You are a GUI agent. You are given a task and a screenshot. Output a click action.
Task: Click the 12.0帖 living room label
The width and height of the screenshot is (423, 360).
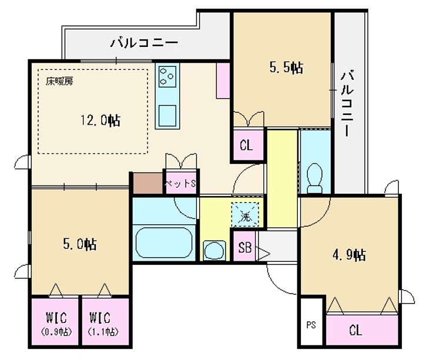point(100,120)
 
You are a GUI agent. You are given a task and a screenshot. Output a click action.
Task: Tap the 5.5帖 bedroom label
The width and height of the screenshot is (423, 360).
point(286,68)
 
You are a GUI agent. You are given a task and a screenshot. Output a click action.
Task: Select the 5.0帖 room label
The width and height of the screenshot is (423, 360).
point(80,244)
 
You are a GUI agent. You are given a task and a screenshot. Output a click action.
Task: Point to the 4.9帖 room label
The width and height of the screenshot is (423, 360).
point(349,254)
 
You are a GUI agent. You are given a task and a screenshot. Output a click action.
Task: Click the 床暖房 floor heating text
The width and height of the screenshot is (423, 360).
point(59,81)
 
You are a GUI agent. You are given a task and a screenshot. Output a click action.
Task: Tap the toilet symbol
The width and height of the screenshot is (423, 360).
point(315,178)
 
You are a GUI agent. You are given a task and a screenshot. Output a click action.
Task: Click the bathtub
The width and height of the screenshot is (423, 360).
point(164,243)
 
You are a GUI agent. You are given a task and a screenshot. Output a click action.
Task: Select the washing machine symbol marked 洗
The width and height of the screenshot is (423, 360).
point(245,214)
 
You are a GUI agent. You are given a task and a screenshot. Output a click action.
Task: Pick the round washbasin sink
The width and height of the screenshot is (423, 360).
point(214,251)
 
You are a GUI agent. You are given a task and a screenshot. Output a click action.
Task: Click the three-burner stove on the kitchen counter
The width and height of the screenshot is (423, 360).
point(167,76)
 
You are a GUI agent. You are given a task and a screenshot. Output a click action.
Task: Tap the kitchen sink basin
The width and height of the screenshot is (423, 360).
point(167,116)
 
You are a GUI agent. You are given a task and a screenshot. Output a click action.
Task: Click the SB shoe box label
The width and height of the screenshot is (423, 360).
point(244,247)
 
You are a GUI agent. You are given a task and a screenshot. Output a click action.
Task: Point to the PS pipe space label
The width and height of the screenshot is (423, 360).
point(311,325)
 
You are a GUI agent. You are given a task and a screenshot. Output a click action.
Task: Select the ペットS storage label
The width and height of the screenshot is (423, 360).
point(180,184)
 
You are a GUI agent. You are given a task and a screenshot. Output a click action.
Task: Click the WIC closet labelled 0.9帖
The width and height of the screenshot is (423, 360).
point(56,323)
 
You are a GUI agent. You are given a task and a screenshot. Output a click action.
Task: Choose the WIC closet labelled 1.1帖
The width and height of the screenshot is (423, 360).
point(103,323)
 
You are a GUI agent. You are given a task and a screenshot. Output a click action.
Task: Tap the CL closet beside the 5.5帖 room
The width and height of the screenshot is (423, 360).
point(246,146)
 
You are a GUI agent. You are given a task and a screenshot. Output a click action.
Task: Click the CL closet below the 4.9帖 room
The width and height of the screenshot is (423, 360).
point(356,330)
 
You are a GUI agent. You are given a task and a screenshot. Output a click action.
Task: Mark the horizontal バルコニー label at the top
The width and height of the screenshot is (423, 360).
point(145,43)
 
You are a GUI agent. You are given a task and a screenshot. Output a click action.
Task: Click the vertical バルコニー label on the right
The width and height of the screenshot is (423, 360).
point(347,103)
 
